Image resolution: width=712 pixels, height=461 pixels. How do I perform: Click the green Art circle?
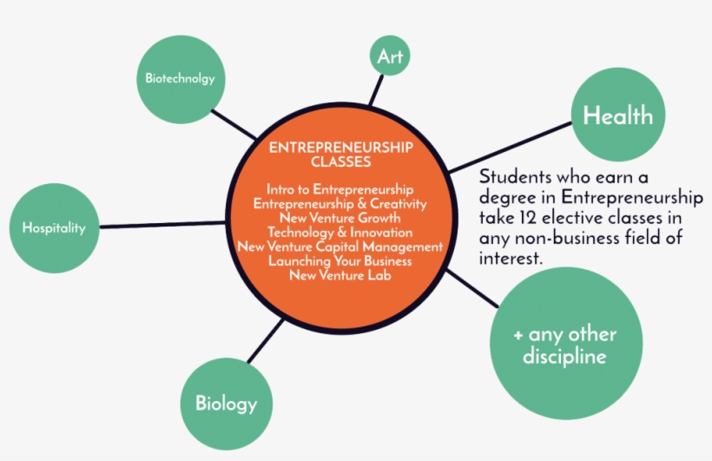point(390,56)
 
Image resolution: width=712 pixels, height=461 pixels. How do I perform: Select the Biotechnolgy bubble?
point(181,80)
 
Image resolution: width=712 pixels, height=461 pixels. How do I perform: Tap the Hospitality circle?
point(54,228)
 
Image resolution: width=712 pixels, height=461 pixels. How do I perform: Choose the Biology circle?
point(227,404)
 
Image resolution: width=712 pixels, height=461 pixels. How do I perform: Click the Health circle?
point(618,115)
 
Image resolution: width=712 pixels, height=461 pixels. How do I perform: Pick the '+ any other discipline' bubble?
point(566,344)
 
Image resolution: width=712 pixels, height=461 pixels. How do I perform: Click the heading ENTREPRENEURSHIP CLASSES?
point(341,155)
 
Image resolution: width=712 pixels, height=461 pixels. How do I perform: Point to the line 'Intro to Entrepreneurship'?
point(340,189)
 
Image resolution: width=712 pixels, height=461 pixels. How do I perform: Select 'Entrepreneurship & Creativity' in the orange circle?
point(340,203)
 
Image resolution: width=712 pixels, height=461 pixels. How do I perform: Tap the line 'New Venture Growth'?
point(340,218)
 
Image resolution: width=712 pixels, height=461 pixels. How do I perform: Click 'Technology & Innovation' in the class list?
point(340,233)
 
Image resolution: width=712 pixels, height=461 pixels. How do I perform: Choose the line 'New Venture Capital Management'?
point(340,247)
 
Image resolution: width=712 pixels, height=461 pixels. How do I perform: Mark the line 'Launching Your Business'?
point(340,261)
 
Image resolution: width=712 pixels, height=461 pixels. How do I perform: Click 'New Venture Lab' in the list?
point(340,275)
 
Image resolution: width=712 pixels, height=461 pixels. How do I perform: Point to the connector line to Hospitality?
point(162,224)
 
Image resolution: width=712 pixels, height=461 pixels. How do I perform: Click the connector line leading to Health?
point(510,147)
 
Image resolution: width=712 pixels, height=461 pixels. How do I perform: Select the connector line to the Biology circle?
point(266,341)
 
